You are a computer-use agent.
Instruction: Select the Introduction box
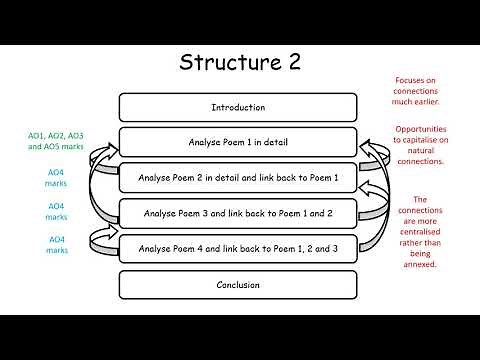[238, 107]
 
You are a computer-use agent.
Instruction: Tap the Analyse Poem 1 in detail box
[238, 142]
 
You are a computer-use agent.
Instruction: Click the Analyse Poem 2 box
[238, 178]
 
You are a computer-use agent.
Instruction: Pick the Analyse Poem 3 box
[238, 213]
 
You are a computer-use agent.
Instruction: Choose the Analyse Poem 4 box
[238, 248]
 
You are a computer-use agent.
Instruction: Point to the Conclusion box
[238, 284]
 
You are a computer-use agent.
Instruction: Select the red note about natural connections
[420, 146]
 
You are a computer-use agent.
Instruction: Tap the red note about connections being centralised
[420, 233]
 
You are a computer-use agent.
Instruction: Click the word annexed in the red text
[420, 265]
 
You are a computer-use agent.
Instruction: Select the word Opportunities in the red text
[420, 129]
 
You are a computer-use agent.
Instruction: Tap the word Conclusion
[238, 284]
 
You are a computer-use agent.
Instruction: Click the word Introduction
[238, 107]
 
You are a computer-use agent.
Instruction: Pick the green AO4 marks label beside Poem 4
[57, 245]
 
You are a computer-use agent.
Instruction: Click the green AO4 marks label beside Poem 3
[57, 211]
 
